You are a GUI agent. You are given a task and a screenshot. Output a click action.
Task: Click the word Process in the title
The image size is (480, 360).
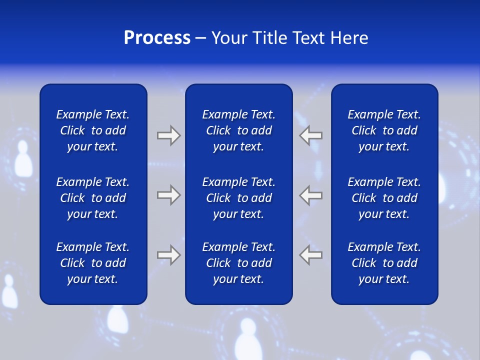(157, 38)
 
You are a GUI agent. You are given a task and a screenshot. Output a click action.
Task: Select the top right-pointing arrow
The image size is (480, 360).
(168, 135)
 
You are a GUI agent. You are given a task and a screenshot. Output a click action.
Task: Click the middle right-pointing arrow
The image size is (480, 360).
(168, 195)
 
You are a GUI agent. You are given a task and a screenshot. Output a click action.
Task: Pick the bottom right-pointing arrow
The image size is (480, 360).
(168, 255)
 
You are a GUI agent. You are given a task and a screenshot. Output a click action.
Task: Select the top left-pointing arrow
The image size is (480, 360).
(311, 135)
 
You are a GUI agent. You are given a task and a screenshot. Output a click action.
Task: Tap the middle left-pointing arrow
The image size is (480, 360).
(311, 195)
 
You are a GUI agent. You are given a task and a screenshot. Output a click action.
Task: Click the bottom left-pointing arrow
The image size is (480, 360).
(311, 255)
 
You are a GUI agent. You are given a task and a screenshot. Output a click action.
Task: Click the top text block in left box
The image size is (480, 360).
(93, 130)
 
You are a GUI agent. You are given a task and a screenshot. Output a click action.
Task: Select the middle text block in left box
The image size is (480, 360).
(93, 198)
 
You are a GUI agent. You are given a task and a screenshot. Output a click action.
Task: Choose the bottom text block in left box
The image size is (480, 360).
(93, 263)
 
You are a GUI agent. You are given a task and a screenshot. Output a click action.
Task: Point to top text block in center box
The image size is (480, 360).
(238, 130)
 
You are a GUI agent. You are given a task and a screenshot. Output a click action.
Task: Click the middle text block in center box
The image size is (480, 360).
(238, 198)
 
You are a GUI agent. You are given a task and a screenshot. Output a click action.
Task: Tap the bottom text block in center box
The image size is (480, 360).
(238, 263)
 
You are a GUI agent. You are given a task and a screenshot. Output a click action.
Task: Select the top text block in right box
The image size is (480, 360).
(384, 130)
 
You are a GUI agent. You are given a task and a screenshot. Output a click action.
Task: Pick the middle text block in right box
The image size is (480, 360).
(384, 198)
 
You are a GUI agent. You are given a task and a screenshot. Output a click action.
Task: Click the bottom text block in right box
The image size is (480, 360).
(384, 263)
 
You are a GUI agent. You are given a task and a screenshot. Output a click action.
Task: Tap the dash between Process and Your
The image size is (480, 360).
(200, 38)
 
